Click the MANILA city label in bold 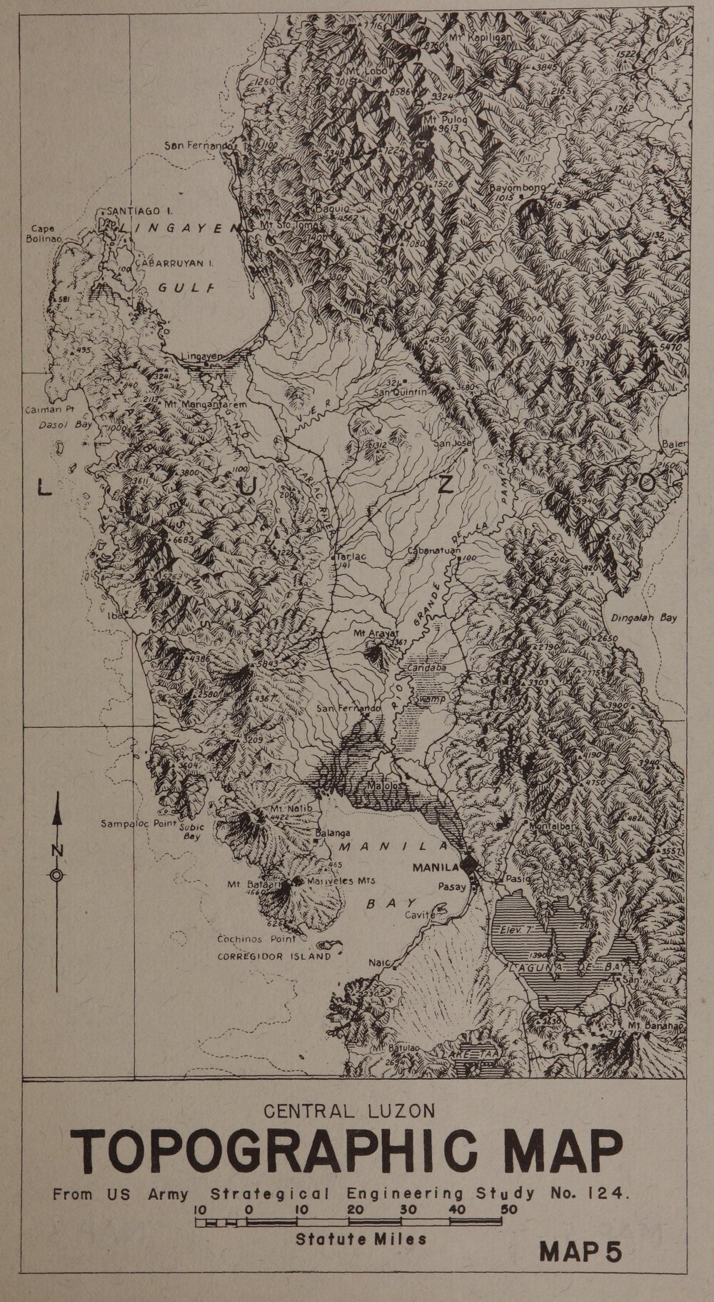[435, 868]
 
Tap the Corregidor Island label [274, 956]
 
